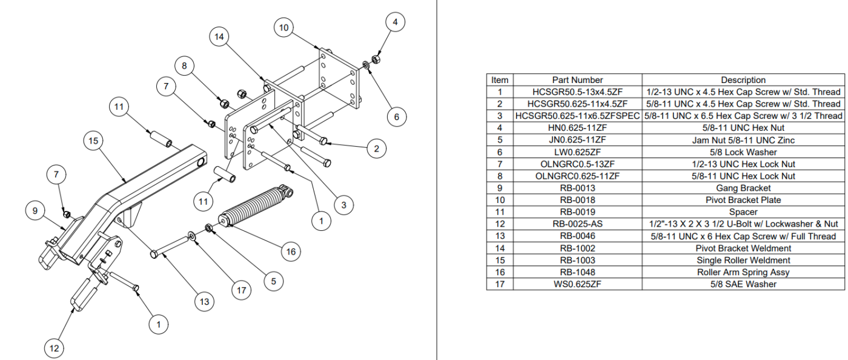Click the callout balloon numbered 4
pyautogui.click(x=396, y=23)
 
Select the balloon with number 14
pyautogui.click(x=219, y=37)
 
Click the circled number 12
pyautogui.click(x=54, y=348)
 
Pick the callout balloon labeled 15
pyautogui.click(x=93, y=141)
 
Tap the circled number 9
pyautogui.click(x=35, y=211)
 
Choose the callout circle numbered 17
pyautogui.click(x=242, y=290)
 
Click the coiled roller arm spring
pyautogui.click(x=250, y=208)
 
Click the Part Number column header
pyautogui.click(x=577, y=80)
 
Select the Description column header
pyautogui.click(x=743, y=80)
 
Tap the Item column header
pyautogui.click(x=500, y=80)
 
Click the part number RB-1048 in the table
pyautogui.click(x=577, y=272)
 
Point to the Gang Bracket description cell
pyautogui.click(x=743, y=188)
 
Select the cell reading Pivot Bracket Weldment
pyautogui.click(x=743, y=248)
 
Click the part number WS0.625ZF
pyautogui.click(x=577, y=284)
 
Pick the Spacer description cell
pyautogui.click(x=743, y=212)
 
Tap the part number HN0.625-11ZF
pyautogui.click(x=577, y=128)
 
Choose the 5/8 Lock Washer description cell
pyautogui.click(x=743, y=152)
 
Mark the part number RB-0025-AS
pyautogui.click(x=577, y=224)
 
